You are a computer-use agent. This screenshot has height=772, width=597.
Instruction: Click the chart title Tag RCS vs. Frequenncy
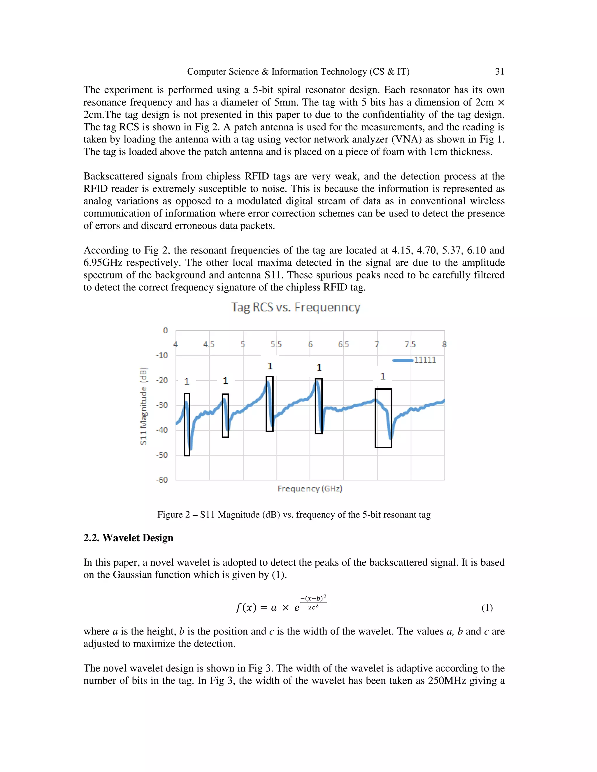[296, 307]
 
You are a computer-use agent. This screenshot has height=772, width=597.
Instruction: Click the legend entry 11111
[425, 360]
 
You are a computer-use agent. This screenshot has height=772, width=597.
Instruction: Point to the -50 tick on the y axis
[162, 455]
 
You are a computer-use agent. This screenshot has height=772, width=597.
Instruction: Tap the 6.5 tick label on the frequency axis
[343, 345]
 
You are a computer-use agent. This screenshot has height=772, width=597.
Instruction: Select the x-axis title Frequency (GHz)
[310, 489]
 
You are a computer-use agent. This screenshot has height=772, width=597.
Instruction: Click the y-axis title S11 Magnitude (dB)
[143, 406]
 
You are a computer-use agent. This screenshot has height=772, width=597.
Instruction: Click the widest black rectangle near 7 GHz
[383, 418]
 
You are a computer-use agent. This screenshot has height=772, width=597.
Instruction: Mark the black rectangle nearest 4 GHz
[187, 424]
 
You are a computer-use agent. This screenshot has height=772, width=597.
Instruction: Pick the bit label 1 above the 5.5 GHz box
[270, 366]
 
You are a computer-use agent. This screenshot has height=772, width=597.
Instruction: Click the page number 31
[499, 72]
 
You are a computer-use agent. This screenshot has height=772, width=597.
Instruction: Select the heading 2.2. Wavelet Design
[128, 538]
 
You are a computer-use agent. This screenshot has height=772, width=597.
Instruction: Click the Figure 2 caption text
[294, 515]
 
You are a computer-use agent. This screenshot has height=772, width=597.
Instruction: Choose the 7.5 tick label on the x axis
[410, 345]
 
